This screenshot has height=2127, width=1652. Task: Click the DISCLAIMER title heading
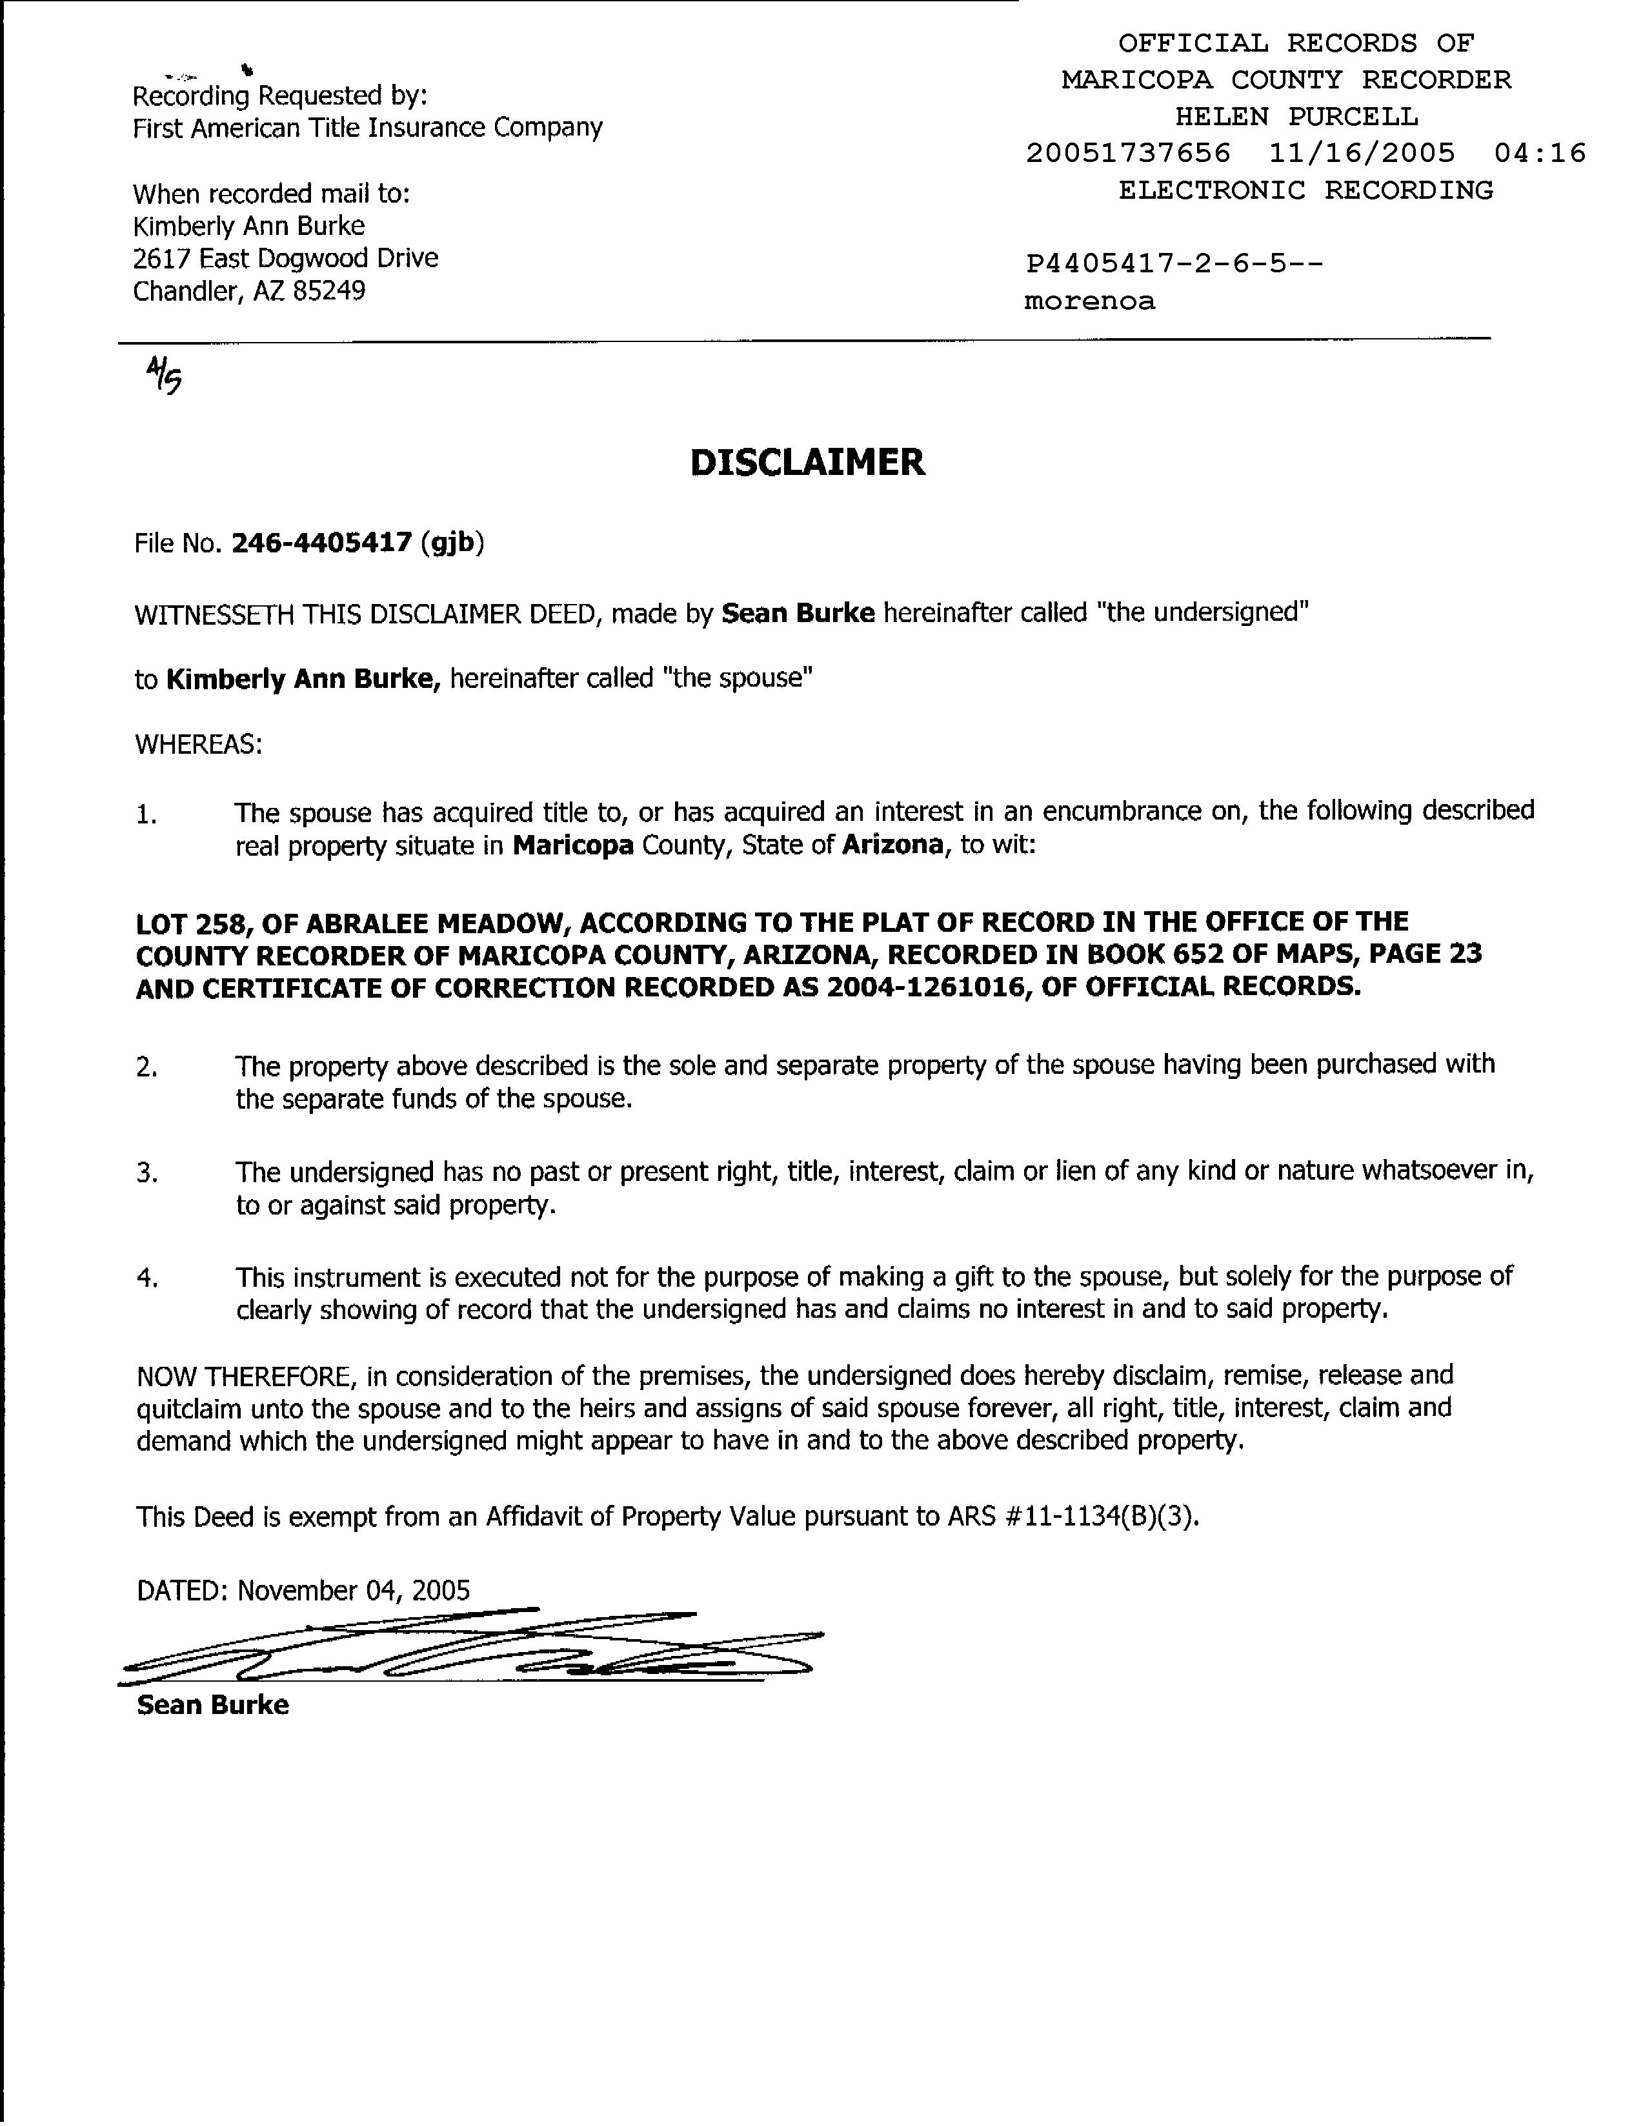807,463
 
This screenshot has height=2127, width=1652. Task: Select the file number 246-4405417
321,543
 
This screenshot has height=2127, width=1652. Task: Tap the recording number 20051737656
1128,153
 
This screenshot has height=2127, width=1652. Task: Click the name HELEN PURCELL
1296,117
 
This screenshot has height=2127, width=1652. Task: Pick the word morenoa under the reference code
1089,301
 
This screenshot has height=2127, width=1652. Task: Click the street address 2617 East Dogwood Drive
285,258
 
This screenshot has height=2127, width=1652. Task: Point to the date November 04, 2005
354,1590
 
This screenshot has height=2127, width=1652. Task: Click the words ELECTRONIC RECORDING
1305,190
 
